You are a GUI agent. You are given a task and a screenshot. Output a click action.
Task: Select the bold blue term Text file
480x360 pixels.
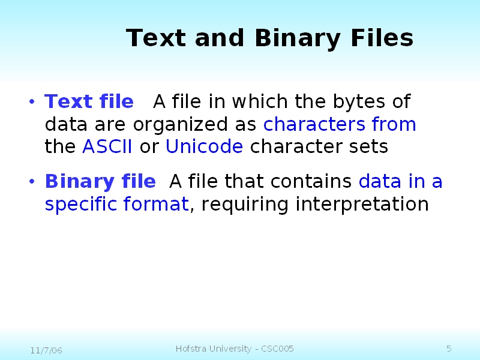pos(89,102)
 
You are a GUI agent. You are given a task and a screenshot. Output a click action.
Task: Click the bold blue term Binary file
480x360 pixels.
pos(100,181)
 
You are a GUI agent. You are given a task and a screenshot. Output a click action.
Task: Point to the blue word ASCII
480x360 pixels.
pos(107,146)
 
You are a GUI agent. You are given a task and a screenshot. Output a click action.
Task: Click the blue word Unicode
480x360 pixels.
pos(204,146)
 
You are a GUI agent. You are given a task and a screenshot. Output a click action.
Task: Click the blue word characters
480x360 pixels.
pos(314,124)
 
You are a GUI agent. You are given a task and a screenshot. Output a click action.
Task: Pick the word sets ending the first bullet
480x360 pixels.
pos(371,146)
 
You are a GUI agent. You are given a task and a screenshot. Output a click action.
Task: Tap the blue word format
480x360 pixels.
pos(156,205)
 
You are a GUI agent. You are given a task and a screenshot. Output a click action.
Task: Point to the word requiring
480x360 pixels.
pos(246,205)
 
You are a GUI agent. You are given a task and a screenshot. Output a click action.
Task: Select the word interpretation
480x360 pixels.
pos(362,205)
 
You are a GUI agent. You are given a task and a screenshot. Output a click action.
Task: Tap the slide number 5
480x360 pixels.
pos(449,349)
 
